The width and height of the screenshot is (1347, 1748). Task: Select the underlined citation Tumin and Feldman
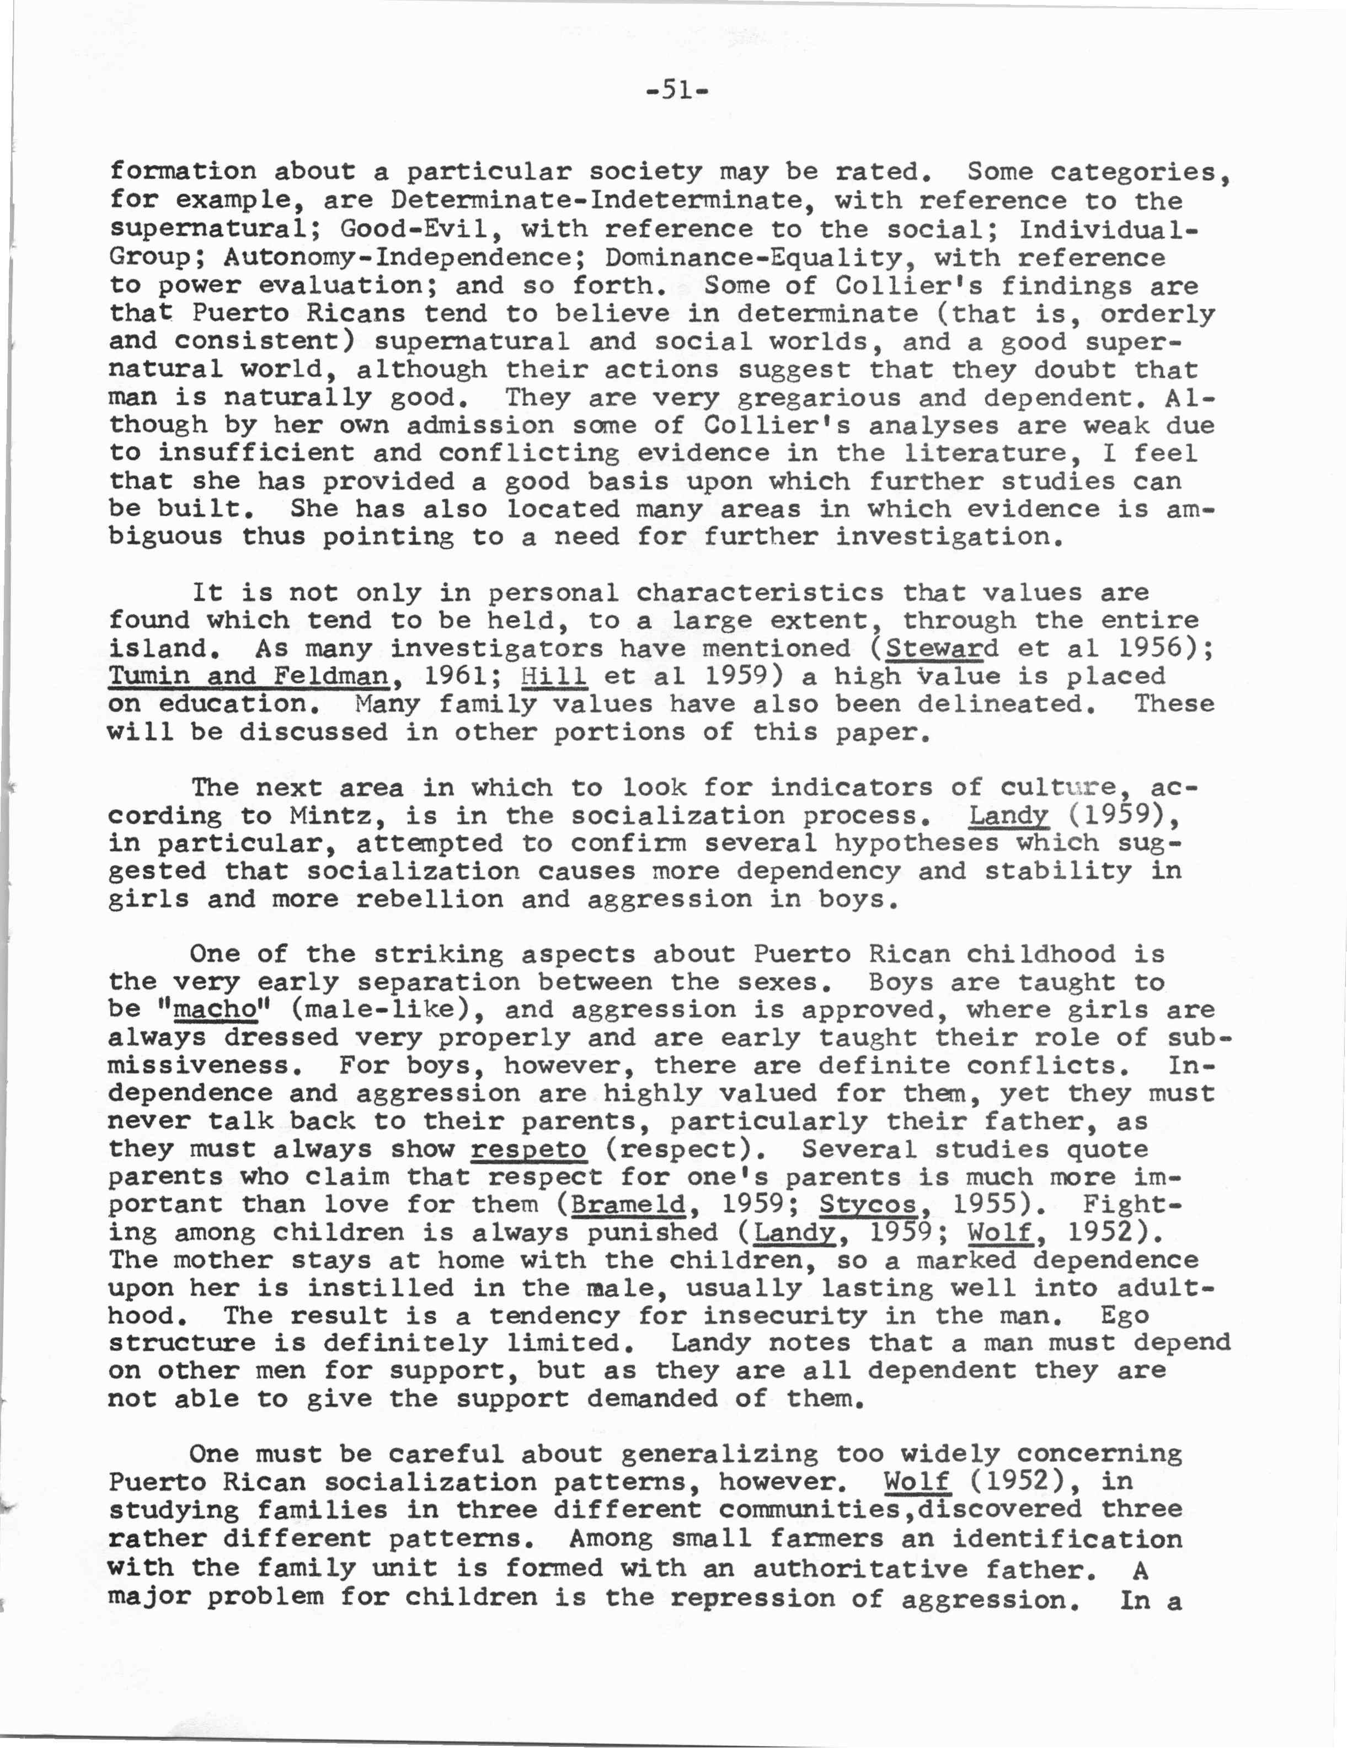(x=249, y=676)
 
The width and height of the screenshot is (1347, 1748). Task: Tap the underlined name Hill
(x=554, y=676)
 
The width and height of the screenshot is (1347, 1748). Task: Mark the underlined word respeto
(x=528, y=1150)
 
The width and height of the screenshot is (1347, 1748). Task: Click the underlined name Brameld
(x=629, y=1205)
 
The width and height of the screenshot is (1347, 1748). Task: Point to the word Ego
(x=1125, y=1316)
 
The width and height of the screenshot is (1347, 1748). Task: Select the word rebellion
(x=430, y=900)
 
